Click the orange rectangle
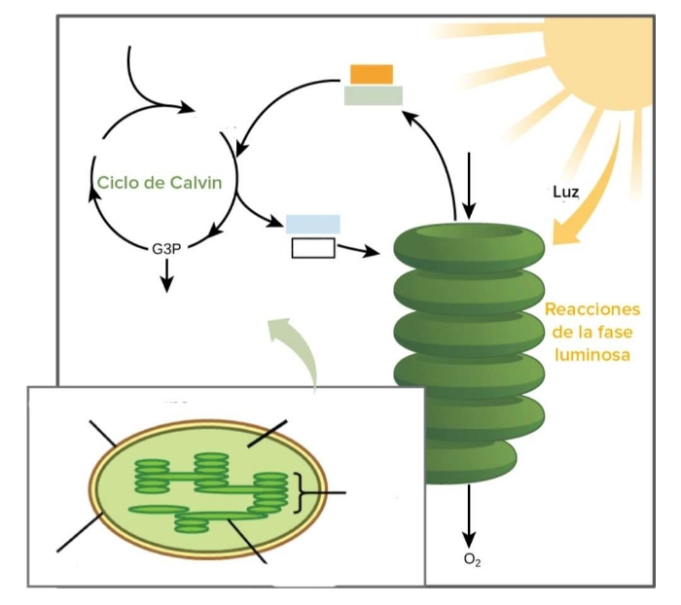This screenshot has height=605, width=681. coord(372,74)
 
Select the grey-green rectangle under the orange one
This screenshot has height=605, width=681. coord(374,95)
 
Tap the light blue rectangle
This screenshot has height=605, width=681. coord(312,224)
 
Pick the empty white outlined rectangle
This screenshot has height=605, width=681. coord(313,248)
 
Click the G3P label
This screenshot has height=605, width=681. coord(166,249)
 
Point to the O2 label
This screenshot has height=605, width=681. coord(472,560)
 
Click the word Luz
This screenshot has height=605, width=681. coord(566,192)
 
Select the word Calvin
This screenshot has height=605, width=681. coord(196,183)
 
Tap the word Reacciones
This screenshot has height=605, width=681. coord(592,309)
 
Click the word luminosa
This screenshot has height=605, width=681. coord(592,355)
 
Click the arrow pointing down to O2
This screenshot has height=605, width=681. coord(469,516)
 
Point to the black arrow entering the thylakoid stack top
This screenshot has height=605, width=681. coord(469,186)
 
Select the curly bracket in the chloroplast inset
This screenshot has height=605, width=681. coord(299,493)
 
